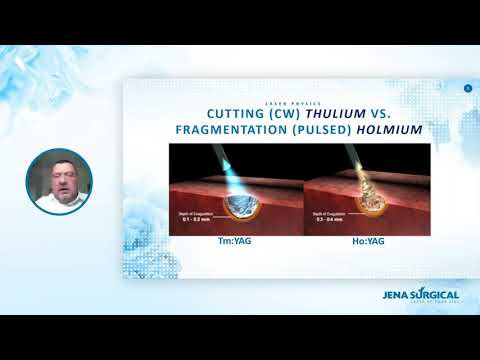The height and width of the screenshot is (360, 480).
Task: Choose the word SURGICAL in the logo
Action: point(436,294)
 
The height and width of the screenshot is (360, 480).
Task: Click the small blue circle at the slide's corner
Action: point(467,90)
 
